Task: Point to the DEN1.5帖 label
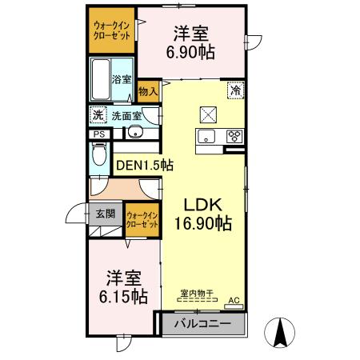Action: click(x=145, y=166)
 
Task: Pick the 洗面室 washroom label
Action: click(x=126, y=115)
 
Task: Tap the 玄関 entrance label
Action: click(x=106, y=214)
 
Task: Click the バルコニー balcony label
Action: click(x=202, y=324)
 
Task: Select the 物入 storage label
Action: click(x=148, y=92)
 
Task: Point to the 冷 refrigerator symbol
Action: click(x=236, y=91)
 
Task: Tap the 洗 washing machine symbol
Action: click(x=98, y=115)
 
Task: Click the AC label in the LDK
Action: click(x=234, y=300)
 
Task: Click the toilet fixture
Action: click(x=98, y=156)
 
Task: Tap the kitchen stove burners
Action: click(x=235, y=134)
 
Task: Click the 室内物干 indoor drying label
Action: click(x=195, y=293)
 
